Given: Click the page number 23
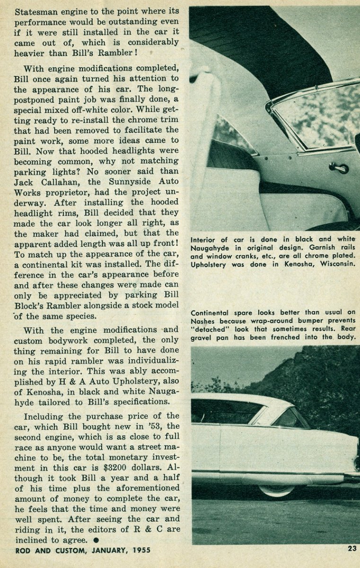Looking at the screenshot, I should (351, 549).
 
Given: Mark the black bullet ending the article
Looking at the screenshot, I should (96, 540).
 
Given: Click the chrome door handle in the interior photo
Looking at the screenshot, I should (339, 167).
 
